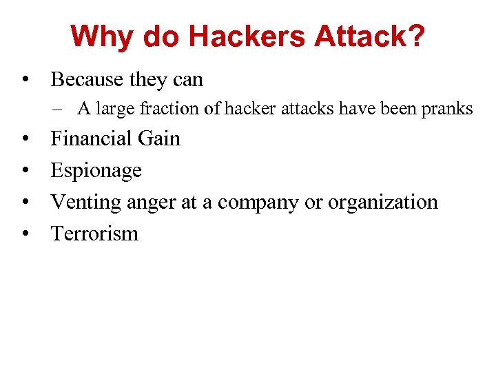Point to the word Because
tap(87, 80)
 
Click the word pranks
tap(448, 109)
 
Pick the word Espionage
tap(96, 170)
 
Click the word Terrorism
tap(94, 234)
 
